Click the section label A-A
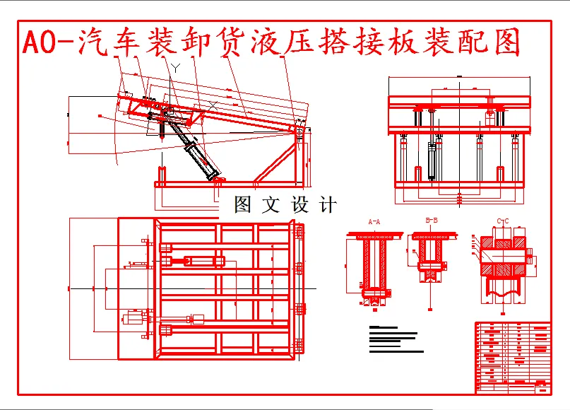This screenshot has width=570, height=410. coord(374,221)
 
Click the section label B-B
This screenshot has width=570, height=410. coord(432,221)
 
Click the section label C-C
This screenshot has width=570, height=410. coord(503,221)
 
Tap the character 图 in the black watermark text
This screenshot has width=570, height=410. coord(242,206)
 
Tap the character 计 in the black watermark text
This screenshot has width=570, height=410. coord(328,206)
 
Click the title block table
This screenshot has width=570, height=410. coord(513,357)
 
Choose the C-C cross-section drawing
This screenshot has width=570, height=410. coord(503,265)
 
